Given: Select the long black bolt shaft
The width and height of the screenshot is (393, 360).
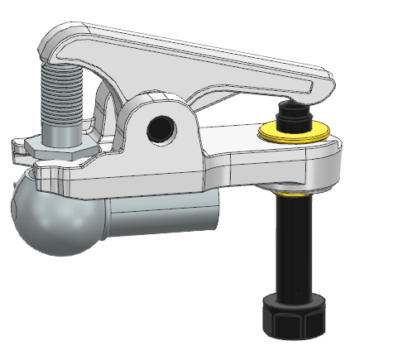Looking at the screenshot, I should [x=295, y=248].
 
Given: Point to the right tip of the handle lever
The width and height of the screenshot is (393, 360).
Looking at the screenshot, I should [x=328, y=83].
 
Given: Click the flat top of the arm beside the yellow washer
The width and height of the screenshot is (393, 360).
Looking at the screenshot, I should [x=236, y=137].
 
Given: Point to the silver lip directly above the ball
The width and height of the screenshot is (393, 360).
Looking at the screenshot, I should [x=50, y=174].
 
